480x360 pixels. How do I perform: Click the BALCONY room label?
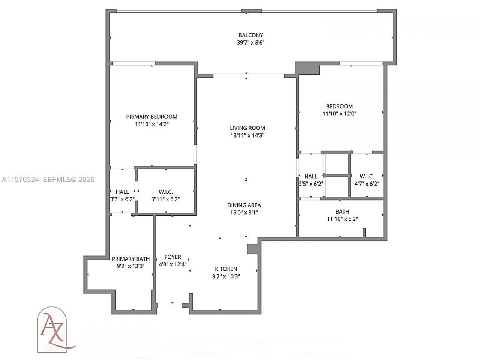click(x=251, y=35)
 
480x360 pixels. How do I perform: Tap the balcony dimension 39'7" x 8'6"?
click(x=251, y=43)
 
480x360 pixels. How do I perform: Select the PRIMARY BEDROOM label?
click(x=151, y=117)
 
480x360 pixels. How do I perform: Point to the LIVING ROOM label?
click(x=247, y=128)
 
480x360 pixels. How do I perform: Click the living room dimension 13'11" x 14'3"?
click(x=247, y=135)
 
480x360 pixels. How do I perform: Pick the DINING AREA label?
click(x=244, y=205)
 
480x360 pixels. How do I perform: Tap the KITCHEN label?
click(x=226, y=269)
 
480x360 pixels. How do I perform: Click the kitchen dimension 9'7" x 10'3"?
click(x=226, y=276)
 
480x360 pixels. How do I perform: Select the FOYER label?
click(x=173, y=257)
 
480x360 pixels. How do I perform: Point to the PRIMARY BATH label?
click(x=130, y=259)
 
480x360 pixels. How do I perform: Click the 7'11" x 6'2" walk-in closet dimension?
click(x=166, y=199)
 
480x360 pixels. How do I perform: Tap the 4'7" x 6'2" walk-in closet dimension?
click(x=367, y=184)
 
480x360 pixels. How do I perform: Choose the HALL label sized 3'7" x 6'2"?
click(x=122, y=192)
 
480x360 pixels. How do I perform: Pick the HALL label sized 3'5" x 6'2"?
click(x=311, y=176)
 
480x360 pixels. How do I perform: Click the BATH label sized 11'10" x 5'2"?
click(x=342, y=211)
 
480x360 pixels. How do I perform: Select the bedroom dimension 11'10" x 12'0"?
click(x=339, y=114)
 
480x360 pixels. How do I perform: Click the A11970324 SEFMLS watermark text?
click(x=48, y=180)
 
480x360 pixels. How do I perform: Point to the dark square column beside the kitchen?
click(x=252, y=249)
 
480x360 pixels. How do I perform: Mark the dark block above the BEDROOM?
click(x=307, y=68)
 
